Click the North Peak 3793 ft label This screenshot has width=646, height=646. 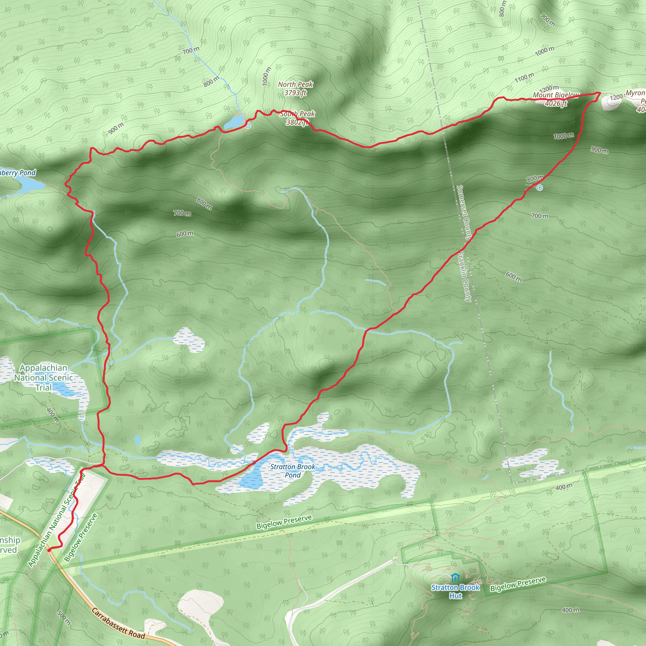295,89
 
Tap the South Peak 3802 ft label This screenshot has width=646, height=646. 297,118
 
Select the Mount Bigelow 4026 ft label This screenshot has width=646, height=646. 556,99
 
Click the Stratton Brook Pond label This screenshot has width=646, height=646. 293,471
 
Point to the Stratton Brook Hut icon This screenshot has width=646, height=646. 455,578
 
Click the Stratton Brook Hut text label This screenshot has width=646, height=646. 455,591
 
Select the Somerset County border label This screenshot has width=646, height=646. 464,212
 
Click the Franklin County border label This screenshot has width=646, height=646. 464,277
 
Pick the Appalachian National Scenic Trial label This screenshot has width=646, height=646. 44,378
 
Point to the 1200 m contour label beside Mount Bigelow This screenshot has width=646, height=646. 549,89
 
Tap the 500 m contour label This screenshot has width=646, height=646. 64,618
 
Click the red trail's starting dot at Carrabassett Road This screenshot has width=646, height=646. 49,549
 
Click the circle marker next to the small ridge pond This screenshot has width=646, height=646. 248,126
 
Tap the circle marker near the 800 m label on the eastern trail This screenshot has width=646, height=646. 540,188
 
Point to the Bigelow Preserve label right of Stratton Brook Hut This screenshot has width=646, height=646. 518,584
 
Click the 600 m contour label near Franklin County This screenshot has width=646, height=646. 513,277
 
